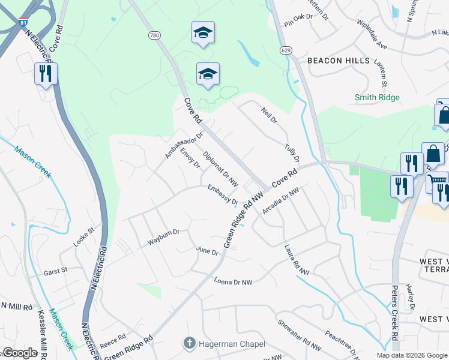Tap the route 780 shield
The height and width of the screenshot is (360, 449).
click(x=155, y=35)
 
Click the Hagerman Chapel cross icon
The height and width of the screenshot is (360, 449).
click(x=189, y=343)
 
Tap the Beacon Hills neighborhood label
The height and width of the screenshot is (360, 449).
click(x=334, y=61)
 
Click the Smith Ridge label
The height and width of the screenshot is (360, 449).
click(x=377, y=97)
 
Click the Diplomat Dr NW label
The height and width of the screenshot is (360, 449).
click(x=220, y=168)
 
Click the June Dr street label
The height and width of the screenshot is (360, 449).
click(x=207, y=251)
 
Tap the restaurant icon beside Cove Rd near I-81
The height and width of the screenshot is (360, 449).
click(x=46, y=74)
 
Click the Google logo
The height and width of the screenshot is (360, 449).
click(x=20, y=353)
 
